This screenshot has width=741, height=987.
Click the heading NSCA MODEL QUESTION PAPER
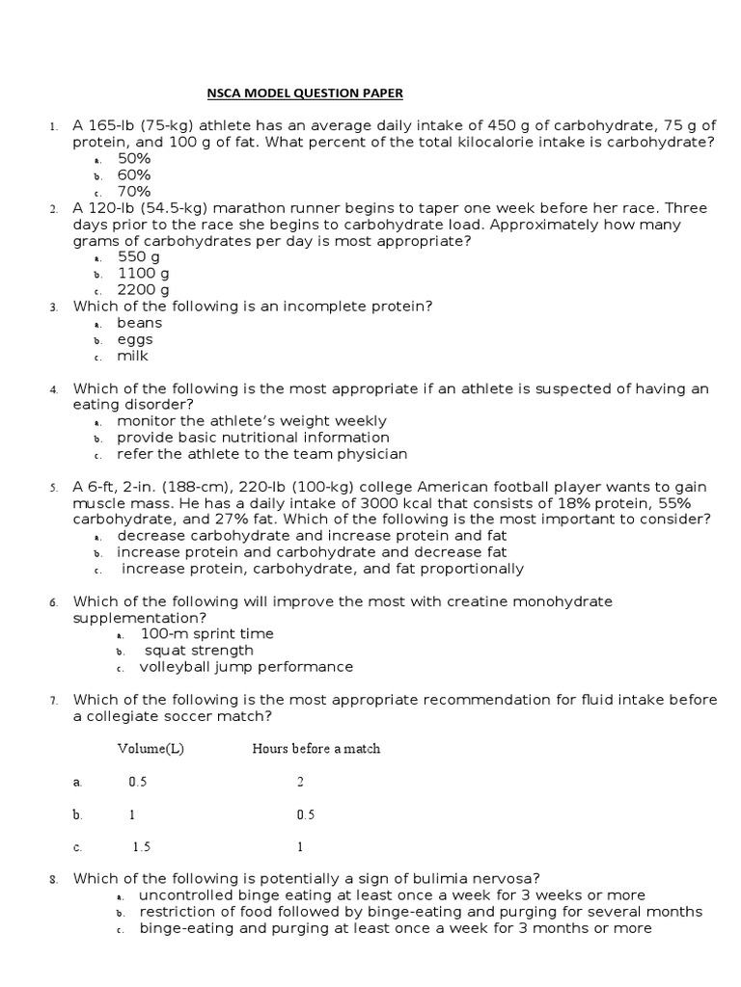(305, 93)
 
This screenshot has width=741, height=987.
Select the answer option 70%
(134, 191)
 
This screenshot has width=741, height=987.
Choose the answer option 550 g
(139, 256)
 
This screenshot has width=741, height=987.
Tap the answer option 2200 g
(143, 289)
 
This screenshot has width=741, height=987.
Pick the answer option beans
(140, 323)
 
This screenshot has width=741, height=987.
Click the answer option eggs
(135, 339)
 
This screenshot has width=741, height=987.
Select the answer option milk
(133, 356)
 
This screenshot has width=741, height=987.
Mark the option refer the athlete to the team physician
(262, 453)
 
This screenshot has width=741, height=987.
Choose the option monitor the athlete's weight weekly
(252, 420)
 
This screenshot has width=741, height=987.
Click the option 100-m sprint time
(206, 633)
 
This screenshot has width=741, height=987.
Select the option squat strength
(199, 650)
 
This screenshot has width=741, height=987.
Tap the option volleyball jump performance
(246, 666)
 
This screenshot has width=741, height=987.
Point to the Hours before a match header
(316, 749)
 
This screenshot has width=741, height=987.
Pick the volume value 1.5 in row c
(141, 847)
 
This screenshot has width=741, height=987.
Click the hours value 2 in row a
(300, 782)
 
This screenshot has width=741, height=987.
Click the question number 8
(54, 878)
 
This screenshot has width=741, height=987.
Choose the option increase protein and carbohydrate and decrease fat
(312, 552)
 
